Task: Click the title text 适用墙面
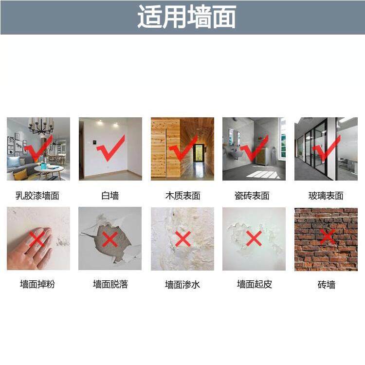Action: coord(187,18)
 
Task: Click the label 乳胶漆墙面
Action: coord(38,196)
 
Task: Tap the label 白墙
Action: coord(110,196)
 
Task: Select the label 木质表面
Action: coord(182,196)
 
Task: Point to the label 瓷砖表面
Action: coord(254,196)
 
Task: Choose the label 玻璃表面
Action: coord(326,196)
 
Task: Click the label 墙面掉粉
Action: coord(38,284)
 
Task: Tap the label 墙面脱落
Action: coord(110,284)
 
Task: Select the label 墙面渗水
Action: coord(182,284)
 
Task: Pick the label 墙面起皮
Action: coord(254,284)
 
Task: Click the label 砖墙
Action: coord(326,284)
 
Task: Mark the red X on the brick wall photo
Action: coord(328,237)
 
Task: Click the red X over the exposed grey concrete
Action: coord(110,239)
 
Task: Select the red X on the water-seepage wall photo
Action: coord(183,239)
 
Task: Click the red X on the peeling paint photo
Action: coord(254,238)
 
